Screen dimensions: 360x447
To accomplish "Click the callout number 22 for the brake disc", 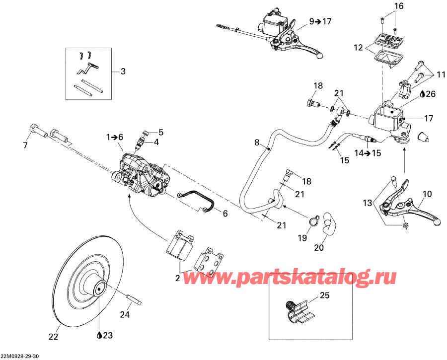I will click(x=53, y=337).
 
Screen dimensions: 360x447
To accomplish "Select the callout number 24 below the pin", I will click(x=125, y=314).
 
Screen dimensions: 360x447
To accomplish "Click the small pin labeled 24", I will click(x=136, y=300).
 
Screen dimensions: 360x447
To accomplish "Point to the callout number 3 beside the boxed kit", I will click(x=123, y=72).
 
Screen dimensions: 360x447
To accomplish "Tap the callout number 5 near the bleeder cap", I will click(x=161, y=132).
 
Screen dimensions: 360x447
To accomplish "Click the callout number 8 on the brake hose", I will click(x=257, y=143).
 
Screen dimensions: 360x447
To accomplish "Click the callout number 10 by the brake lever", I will click(x=427, y=194).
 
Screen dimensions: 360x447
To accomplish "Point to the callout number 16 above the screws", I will click(x=399, y=6).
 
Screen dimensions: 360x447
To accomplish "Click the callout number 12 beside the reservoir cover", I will click(x=358, y=48).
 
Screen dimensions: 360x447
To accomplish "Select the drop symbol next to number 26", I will click(x=423, y=93).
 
